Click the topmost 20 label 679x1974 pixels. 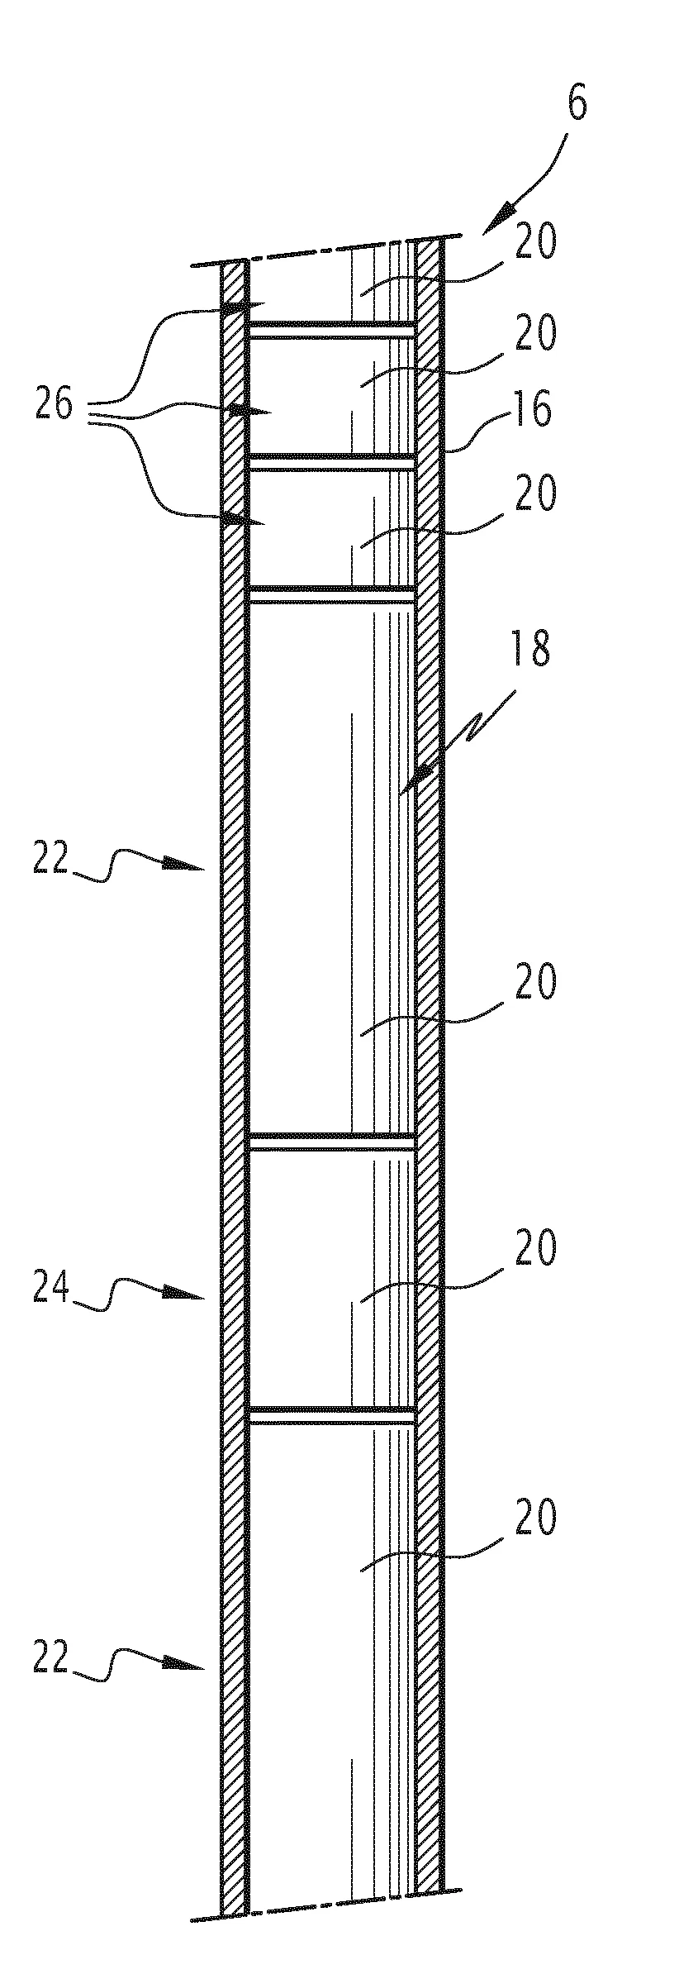[536, 243]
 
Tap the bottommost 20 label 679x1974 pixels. [536, 1518]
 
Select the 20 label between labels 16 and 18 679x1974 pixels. [536, 493]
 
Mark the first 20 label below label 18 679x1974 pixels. [536, 982]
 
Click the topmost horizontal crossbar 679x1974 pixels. [331, 329]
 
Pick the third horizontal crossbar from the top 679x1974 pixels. [331, 594]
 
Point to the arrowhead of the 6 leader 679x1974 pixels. [494, 221]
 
